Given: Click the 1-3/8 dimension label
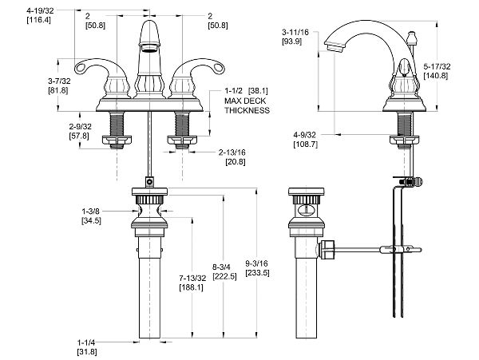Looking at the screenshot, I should [91, 212].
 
